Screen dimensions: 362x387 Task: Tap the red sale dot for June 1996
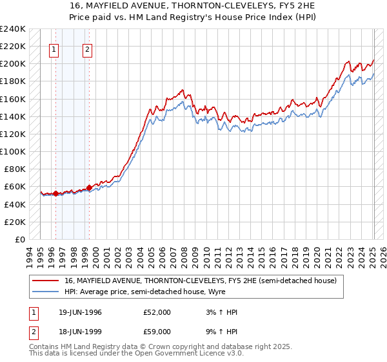tap(55, 193)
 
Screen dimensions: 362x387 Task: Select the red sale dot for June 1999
tap(88, 187)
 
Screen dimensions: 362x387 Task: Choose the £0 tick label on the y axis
tap(19, 239)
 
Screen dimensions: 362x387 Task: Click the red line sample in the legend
tap(46, 281)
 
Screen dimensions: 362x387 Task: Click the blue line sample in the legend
tap(46, 292)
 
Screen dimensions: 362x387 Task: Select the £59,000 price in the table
tap(157, 332)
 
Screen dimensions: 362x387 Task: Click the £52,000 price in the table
tap(157, 312)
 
